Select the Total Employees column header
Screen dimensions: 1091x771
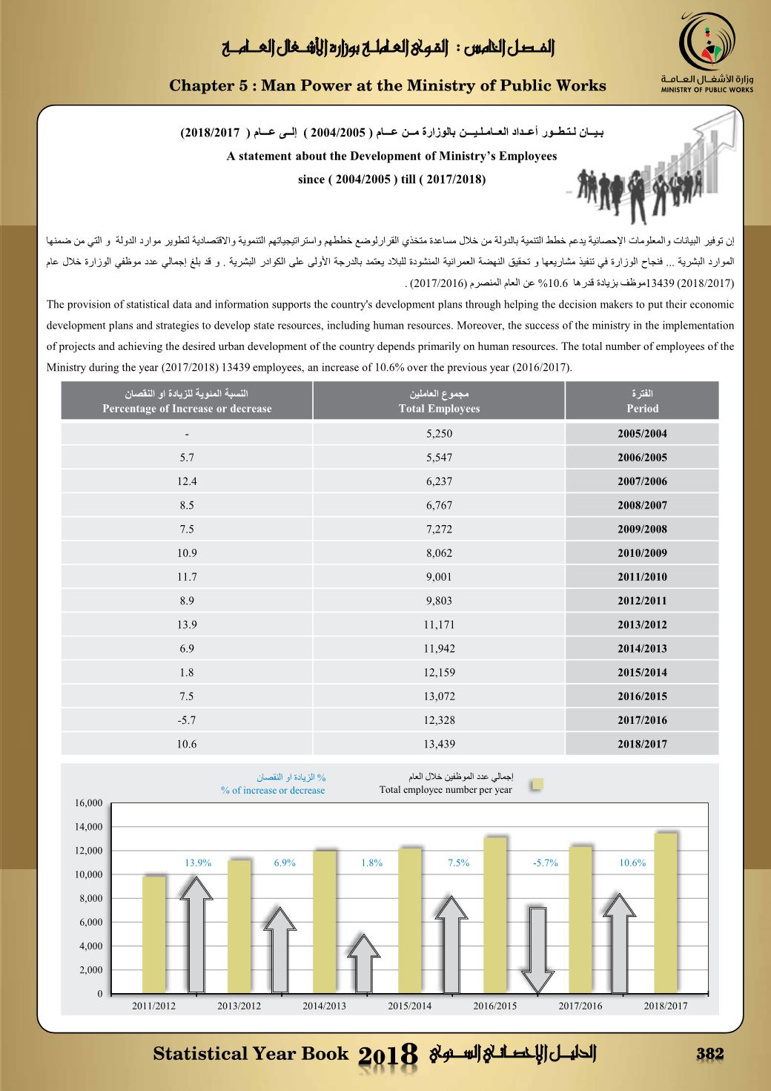click(439, 401)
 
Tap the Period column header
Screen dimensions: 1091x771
click(642, 401)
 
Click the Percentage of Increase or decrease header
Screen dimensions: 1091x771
click(187, 401)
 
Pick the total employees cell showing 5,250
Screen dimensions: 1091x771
click(439, 434)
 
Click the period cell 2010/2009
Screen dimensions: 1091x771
click(642, 553)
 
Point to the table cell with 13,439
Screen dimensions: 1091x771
click(439, 744)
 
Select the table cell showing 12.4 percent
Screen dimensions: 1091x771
click(187, 481)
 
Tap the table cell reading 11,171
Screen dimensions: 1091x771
click(439, 624)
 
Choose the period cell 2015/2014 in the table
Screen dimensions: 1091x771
click(642, 673)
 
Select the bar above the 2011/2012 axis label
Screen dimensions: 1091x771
click(154, 935)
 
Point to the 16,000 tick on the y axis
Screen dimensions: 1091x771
click(88, 803)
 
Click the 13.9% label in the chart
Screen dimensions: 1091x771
click(198, 863)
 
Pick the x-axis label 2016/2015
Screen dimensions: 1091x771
click(494, 1006)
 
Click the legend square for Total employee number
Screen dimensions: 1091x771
click(538, 785)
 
